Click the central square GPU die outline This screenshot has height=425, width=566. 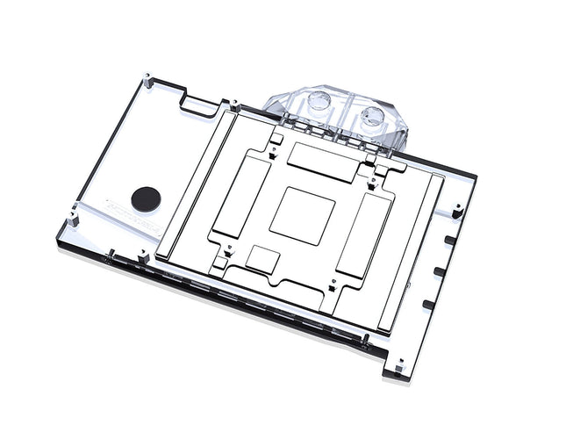(303, 215)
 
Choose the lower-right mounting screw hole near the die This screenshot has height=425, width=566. (332, 285)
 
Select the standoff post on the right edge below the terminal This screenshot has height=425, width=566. (456, 207)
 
